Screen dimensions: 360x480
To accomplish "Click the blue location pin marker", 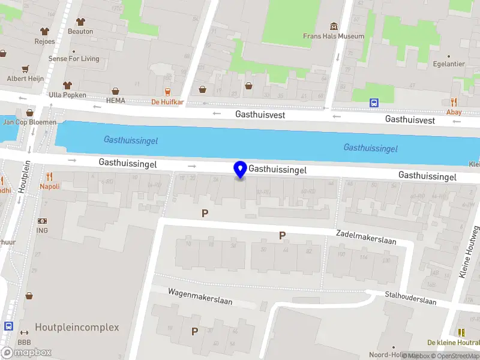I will (241, 169).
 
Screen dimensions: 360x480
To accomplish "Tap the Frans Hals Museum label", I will (334, 36).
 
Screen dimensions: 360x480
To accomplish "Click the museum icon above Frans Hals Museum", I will (334, 26).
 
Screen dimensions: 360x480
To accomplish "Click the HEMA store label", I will (116, 101).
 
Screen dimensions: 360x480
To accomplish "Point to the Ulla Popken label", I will (68, 95).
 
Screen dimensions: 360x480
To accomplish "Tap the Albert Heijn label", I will (25, 79).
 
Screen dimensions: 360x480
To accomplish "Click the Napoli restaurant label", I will (50, 187).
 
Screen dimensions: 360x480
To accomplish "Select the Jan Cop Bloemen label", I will (30, 122).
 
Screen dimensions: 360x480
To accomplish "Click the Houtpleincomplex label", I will (77, 328).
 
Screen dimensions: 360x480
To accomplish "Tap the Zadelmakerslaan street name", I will (366, 239).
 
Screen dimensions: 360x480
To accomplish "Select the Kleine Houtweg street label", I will (469, 252).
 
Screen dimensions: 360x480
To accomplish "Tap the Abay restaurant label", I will (454, 112).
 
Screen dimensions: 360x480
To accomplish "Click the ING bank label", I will (42, 230).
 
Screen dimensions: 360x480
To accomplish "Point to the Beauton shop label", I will (80, 31).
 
